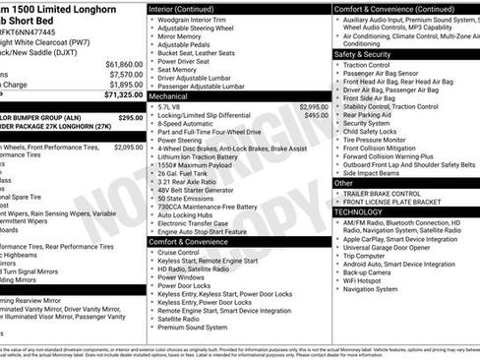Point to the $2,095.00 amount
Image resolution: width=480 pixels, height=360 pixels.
[x=128, y=148]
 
